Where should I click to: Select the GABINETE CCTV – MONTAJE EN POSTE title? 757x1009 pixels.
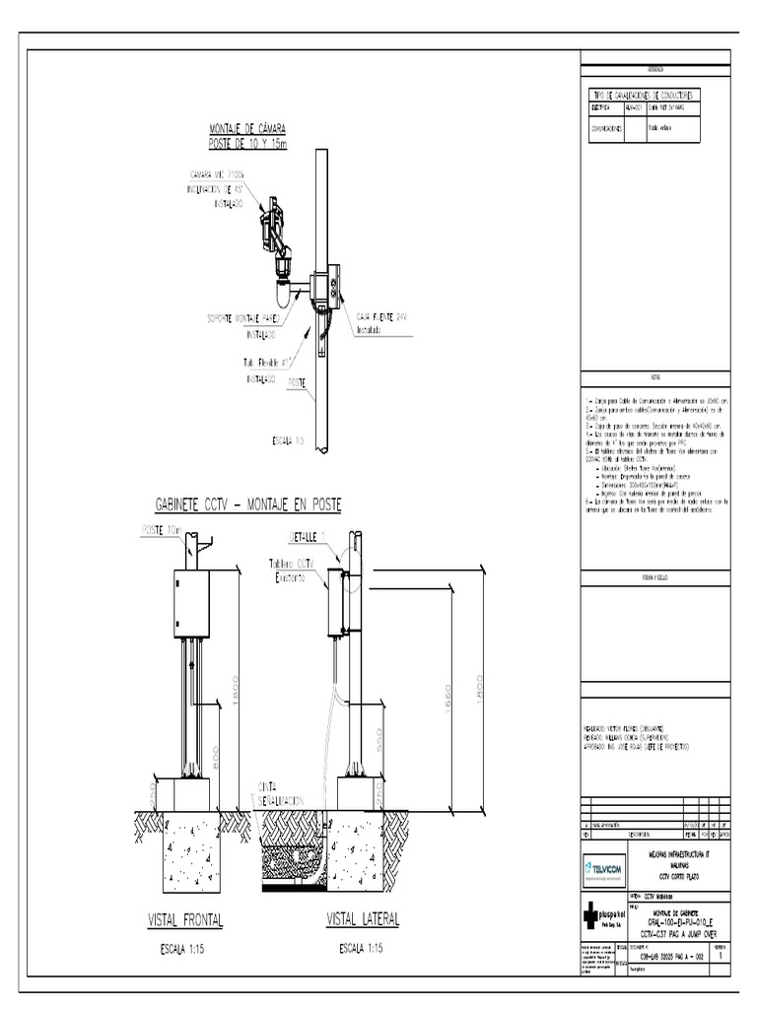(248, 504)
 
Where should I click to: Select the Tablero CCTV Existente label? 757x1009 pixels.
(298, 572)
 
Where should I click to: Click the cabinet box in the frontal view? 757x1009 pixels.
(191, 603)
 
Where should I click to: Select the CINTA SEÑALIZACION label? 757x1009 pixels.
(280, 793)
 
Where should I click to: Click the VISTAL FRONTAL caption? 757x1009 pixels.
(185, 920)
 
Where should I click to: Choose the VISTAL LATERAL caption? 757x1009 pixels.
(363, 920)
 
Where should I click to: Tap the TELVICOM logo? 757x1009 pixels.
(602, 869)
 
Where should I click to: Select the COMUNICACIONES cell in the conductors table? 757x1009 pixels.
(605, 128)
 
